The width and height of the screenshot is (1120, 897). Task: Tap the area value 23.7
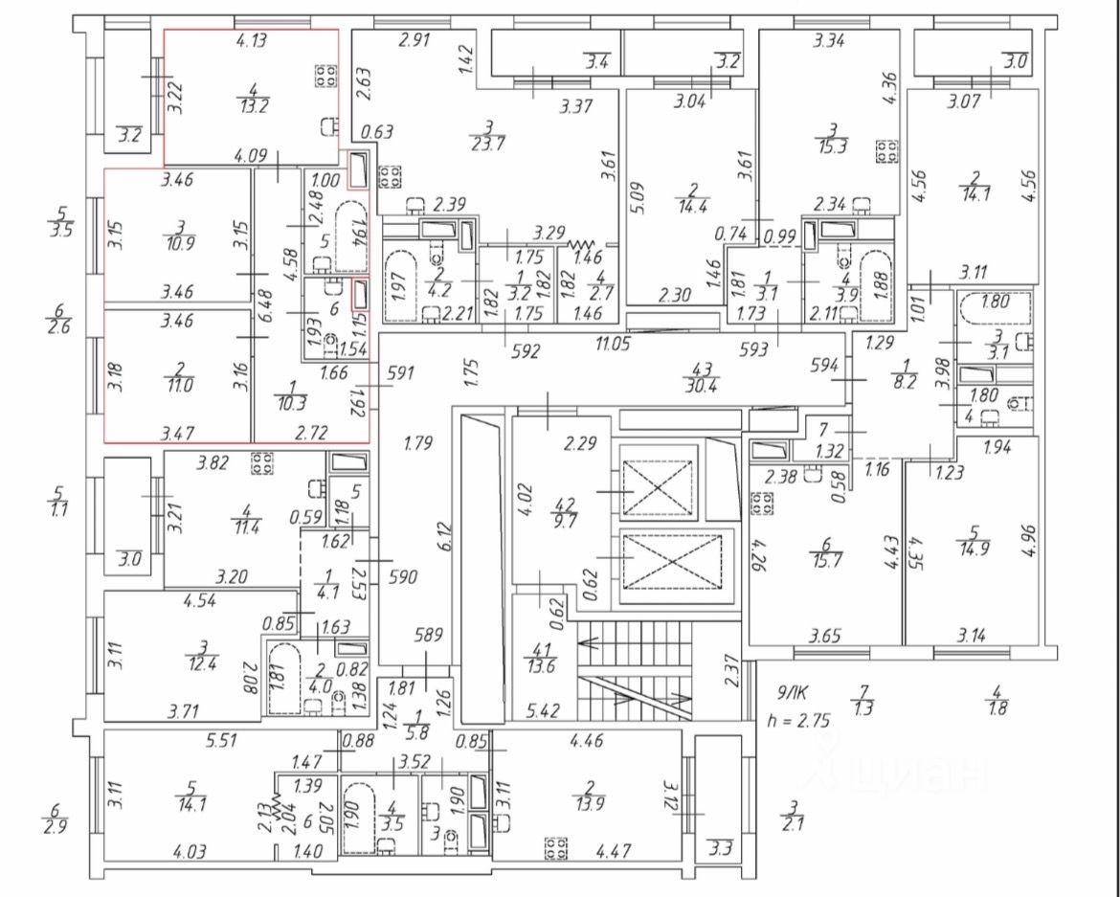coord(490,143)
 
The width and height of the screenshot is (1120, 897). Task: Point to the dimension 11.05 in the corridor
coord(614,344)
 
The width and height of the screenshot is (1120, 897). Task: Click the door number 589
coord(429,634)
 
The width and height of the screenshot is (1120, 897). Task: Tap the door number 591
coord(401,372)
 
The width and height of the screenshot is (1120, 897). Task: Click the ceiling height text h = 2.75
coord(798,720)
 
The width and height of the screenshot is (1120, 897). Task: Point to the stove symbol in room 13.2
coord(325,76)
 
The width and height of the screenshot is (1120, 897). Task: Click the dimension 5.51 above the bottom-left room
coord(221,741)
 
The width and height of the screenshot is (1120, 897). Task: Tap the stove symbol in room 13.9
coord(556,848)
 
